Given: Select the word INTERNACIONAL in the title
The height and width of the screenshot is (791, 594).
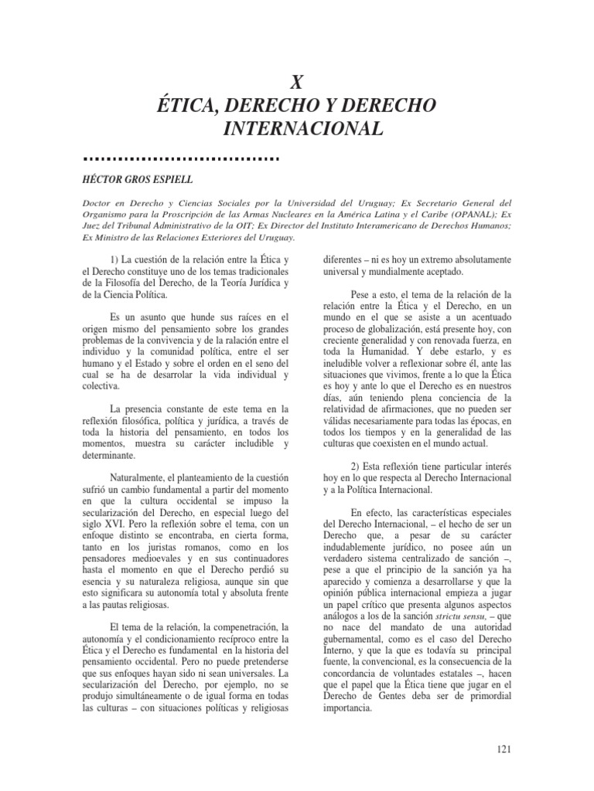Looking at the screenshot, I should pos(296,127).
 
